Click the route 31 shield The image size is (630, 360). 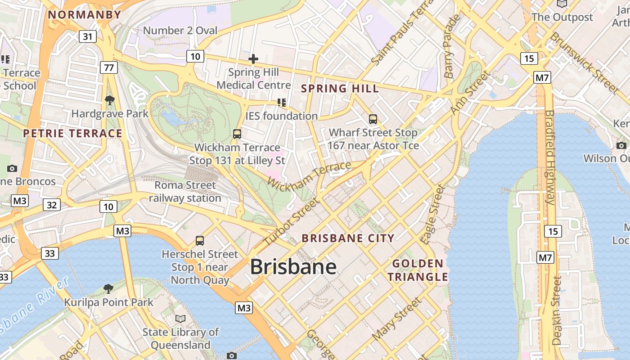(x=87, y=36)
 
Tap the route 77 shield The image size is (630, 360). (x=108, y=68)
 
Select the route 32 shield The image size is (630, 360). (x=52, y=205)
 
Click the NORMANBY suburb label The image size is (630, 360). (x=85, y=14)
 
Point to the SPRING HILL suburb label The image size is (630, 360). (x=340, y=88)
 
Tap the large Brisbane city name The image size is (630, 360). (x=293, y=267)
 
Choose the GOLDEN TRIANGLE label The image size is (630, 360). (x=418, y=270)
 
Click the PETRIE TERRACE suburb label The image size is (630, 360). (x=72, y=133)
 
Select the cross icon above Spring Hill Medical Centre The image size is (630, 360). (x=253, y=59)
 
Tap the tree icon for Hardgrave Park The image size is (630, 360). (x=109, y=100)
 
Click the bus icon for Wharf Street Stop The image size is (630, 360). (x=373, y=119)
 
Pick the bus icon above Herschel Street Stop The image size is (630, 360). (x=200, y=241)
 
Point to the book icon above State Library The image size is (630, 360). (x=180, y=319)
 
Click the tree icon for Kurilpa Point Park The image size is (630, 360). (x=108, y=288)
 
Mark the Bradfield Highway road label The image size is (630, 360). (x=550, y=157)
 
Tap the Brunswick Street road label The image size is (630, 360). (x=584, y=63)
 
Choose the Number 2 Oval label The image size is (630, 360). (x=180, y=31)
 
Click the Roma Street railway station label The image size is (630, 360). (x=185, y=191)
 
